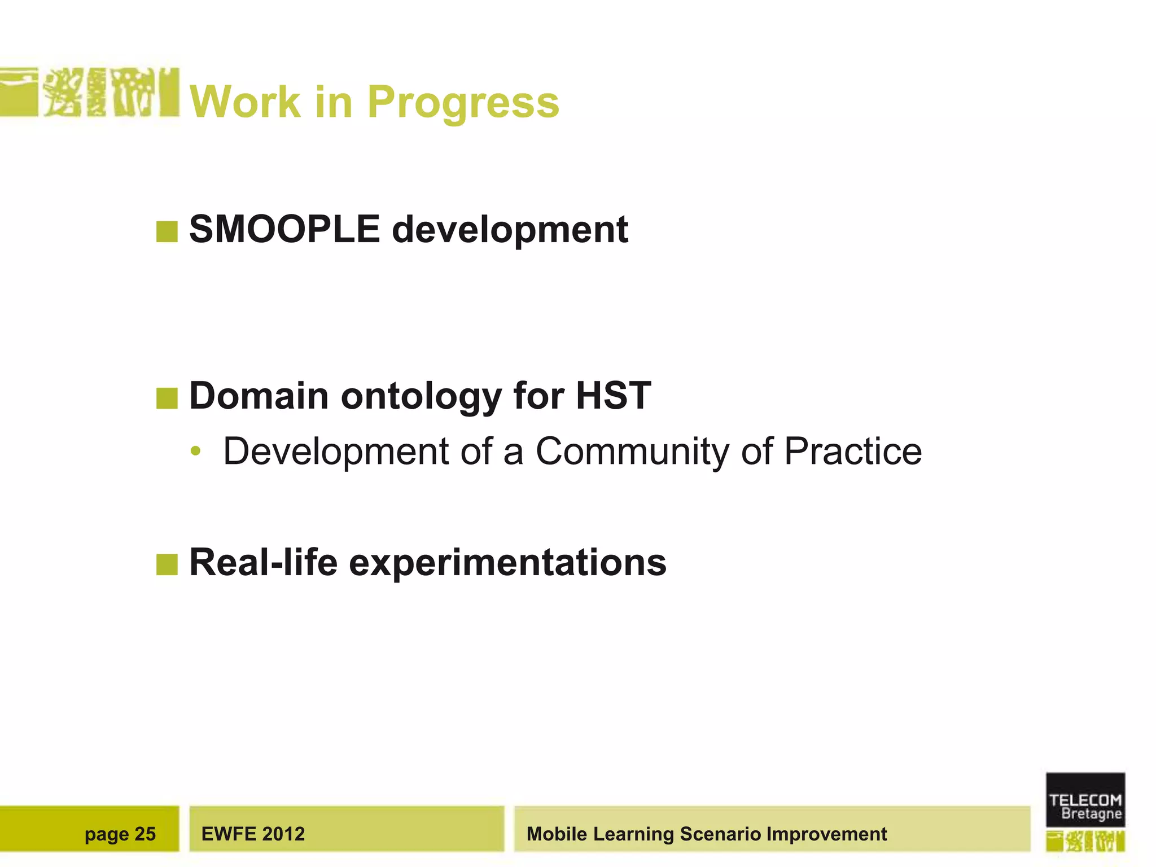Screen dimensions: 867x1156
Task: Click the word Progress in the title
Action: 463,103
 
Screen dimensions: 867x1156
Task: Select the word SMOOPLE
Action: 284,229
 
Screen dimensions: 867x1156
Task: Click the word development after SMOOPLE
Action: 510,229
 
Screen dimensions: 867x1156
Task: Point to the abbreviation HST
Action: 613,396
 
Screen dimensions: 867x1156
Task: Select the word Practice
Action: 853,452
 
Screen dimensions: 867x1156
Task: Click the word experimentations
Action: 507,563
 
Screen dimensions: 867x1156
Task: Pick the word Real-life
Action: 263,562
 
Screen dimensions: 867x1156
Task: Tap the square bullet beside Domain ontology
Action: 167,398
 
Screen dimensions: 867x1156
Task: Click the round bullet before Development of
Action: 195,452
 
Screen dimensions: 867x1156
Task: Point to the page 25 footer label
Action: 120,834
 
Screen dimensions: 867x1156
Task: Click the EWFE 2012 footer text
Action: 253,834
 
